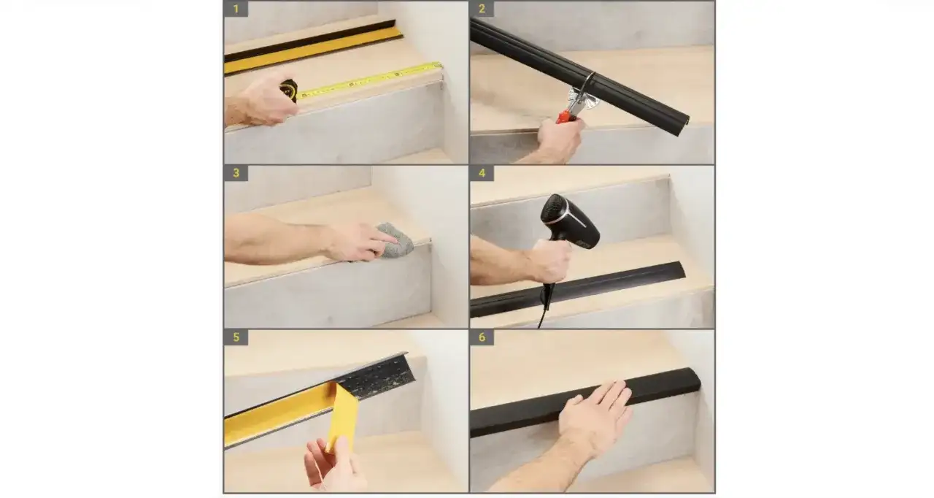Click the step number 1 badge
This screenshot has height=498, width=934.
pos(236,9)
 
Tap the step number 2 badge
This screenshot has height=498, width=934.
pos(482,9)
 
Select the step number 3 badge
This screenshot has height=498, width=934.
pos(236,173)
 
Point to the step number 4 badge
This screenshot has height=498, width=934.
pos(482,173)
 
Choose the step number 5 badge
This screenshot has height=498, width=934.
pos(236,337)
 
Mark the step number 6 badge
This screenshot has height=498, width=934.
pos(482,337)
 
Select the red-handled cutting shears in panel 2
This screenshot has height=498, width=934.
pos(577,102)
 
